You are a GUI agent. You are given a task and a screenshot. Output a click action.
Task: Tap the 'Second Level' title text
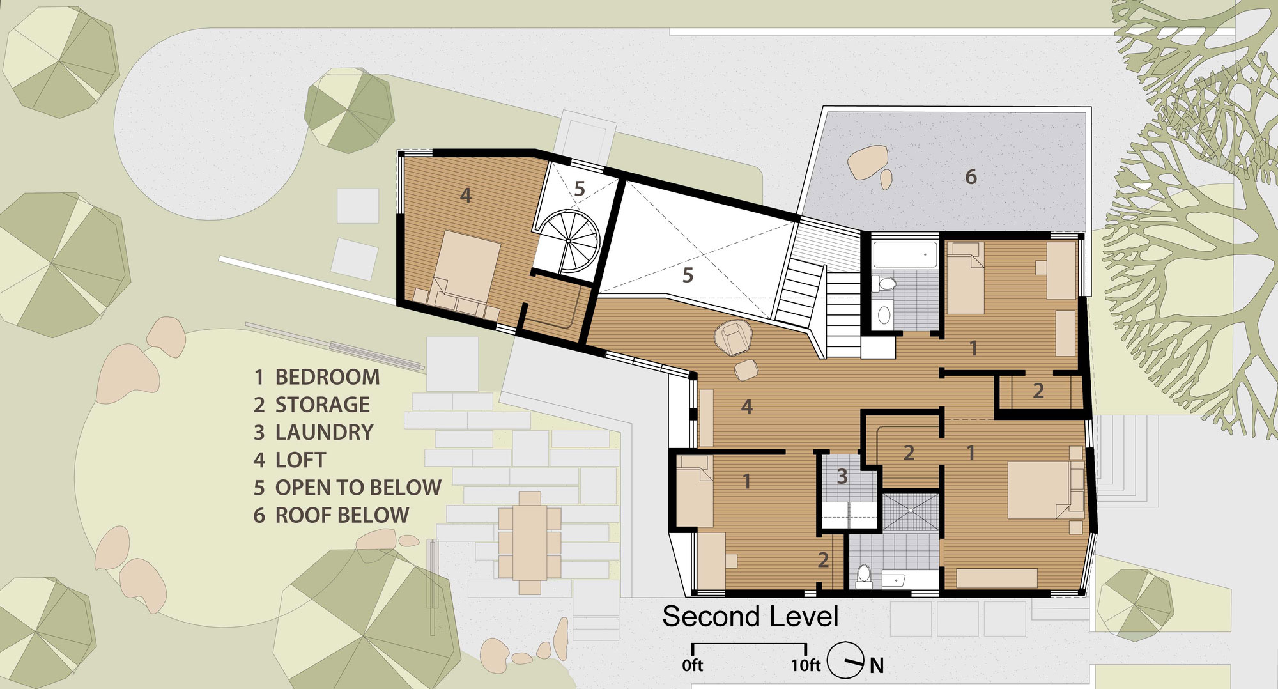coord(750,617)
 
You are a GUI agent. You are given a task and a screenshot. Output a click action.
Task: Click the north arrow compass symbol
coord(845,660)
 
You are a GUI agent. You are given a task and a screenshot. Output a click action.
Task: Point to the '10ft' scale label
coord(805,665)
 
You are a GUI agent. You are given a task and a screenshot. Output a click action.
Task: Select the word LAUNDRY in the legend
coord(324,433)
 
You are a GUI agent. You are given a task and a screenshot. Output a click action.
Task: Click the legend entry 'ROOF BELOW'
coord(342,515)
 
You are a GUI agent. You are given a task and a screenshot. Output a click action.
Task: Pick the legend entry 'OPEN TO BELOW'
coord(358,488)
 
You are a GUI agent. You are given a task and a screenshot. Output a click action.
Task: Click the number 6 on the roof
coord(971,176)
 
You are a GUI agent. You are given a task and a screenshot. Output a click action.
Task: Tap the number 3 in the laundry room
coord(842,476)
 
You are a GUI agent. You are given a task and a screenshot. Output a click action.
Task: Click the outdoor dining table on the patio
coord(530,543)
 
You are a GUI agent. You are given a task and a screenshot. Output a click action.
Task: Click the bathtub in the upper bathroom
coord(905,254)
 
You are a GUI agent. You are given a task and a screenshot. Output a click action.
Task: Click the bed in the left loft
coord(466,272)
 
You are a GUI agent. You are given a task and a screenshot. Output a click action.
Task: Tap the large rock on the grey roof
coord(867,162)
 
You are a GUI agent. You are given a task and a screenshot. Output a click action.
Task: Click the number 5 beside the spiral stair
coord(580,189)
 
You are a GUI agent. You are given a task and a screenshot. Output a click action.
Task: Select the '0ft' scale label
coord(692,665)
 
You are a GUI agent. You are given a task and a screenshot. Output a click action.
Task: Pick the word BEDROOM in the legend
coord(327,377)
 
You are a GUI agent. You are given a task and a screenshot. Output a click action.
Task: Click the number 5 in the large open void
coord(688,275)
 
